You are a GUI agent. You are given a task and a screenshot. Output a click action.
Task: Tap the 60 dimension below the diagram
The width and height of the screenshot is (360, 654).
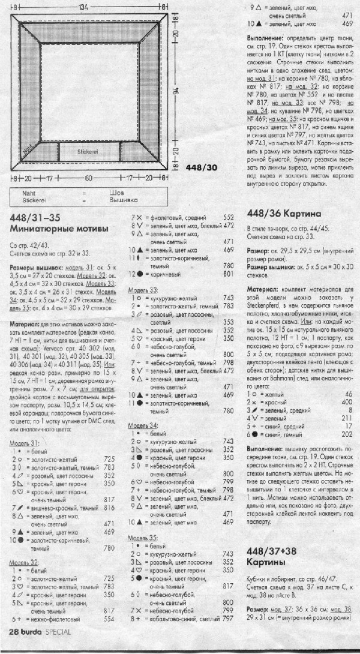(88, 178)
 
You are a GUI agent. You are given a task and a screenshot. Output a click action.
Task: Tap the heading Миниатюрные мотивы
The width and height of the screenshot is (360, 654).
(59, 229)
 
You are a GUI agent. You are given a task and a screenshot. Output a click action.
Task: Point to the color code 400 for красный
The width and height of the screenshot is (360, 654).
(347, 401)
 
